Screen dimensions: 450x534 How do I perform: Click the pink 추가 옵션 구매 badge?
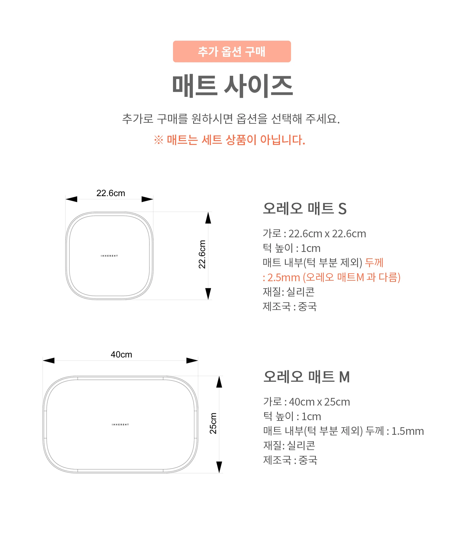(x=232, y=51)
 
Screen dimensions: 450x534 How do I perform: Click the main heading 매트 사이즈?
(x=232, y=86)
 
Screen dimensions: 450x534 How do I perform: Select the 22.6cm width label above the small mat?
(x=111, y=193)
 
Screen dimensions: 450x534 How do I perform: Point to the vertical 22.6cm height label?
(x=202, y=254)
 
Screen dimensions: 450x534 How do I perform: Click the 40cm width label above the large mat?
(x=121, y=355)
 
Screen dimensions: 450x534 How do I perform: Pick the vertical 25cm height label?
(x=213, y=423)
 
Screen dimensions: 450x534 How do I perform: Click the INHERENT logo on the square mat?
(x=109, y=256)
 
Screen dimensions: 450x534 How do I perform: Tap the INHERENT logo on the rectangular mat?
(x=120, y=425)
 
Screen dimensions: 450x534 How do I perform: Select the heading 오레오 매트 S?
(x=305, y=209)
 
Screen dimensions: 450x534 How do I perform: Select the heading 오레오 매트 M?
(x=307, y=377)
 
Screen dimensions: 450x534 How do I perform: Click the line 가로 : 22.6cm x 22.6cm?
(x=314, y=234)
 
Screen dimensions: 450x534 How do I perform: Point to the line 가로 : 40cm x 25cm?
(x=307, y=402)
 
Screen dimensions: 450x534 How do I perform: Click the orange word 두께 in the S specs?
(x=374, y=262)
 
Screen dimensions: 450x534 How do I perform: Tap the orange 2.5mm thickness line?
(x=332, y=277)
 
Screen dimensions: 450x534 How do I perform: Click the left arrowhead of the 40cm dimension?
(x=49, y=360)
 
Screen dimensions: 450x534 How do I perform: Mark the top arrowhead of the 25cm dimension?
(x=219, y=382)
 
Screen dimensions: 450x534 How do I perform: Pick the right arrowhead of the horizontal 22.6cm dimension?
(x=147, y=199)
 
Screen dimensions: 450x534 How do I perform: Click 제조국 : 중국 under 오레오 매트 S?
(x=290, y=307)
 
